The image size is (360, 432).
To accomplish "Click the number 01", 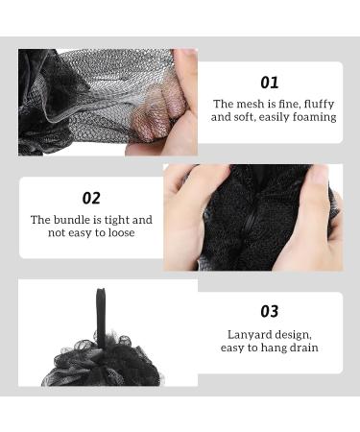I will click(x=270, y=83).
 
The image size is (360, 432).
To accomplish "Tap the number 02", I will click(x=91, y=199).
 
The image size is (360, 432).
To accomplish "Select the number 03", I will click(x=270, y=311).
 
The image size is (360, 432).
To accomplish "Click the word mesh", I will click(x=250, y=104).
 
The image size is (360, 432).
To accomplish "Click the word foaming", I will click(x=313, y=117).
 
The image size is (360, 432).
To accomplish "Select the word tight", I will click(x=115, y=220).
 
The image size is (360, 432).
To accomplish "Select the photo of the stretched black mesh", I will click(x=108, y=103).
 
